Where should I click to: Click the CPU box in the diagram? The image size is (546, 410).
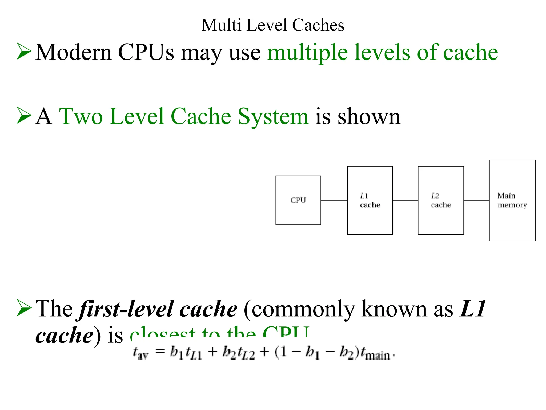pyautogui.click(x=298, y=200)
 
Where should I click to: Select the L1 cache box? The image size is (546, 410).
pyautogui.click(x=370, y=200)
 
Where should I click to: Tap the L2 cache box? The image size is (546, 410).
pyautogui.click(x=441, y=200)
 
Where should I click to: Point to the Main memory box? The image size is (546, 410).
pyautogui.click(x=512, y=200)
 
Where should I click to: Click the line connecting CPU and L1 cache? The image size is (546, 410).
pyautogui.click(x=334, y=200)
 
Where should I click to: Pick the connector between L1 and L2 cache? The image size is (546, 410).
pyautogui.click(x=405, y=200)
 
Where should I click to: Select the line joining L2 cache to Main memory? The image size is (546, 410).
pyautogui.click(x=476, y=200)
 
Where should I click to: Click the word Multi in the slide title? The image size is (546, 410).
pyautogui.click(x=221, y=25)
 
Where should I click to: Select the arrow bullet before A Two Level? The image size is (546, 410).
pyautogui.click(x=24, y=115)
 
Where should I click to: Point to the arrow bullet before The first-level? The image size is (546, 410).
pyautogui.click(x=24, y=308)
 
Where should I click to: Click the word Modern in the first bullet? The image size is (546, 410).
pyautogui.click(x=73, y=52)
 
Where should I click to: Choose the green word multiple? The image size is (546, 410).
pyautogui.click(x=308, y=53)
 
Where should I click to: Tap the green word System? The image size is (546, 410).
pyautogui.click(x=273, y=117)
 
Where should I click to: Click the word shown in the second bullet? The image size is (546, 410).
pyautogui.click(x=369, y=117)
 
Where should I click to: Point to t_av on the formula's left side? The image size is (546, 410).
pyautogui.click(x=140, y=353)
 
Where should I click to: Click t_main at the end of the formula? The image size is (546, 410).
pyautogui.click(x=376, y=354)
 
